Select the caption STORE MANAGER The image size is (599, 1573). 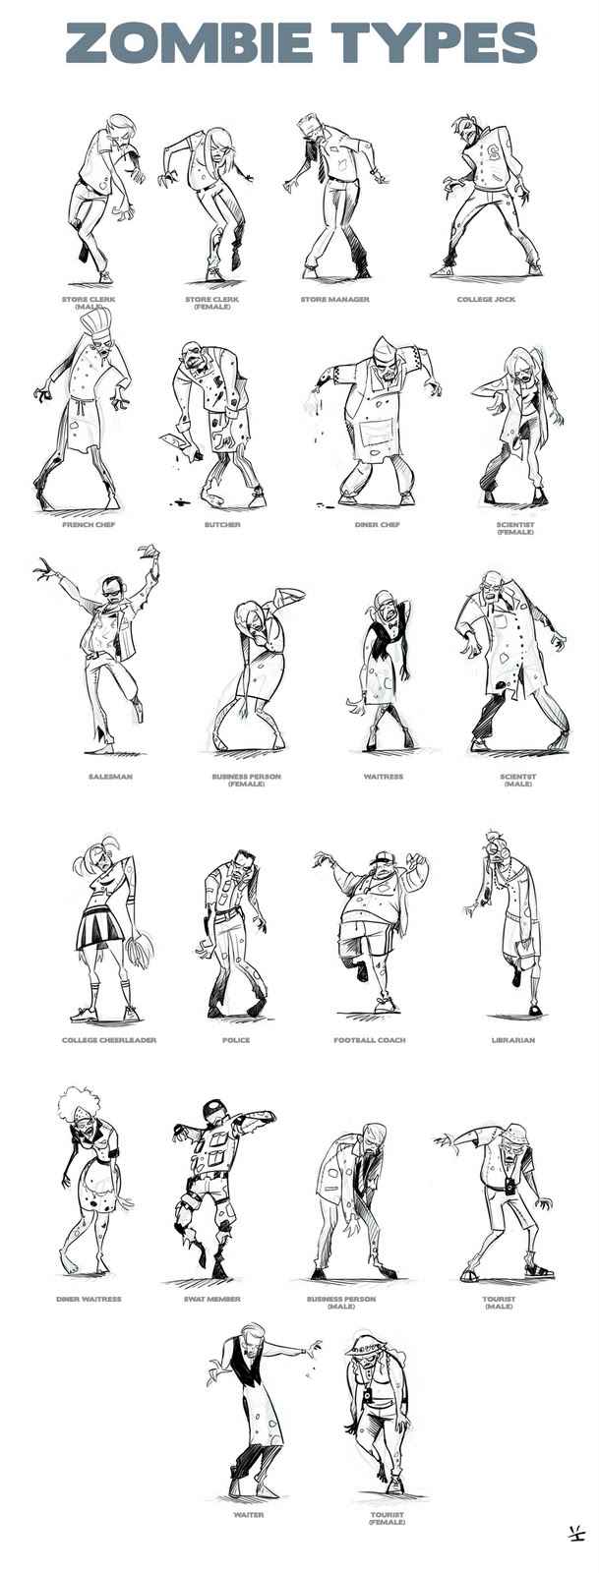coord(335,299)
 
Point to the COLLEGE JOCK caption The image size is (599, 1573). coord(486,299)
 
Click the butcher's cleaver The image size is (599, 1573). coord(173,443)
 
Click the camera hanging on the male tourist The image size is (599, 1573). coord(510,1185)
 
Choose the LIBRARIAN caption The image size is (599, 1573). coord(513,1040)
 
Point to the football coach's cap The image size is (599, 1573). coord(381,858)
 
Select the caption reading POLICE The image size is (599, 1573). coord(236,1040)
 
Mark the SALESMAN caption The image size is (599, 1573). coord(109,777)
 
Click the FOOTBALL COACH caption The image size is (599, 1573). coord(370,1040)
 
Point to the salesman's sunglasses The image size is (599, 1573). coord(112,586)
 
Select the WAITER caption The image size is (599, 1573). coord(249,1515)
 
